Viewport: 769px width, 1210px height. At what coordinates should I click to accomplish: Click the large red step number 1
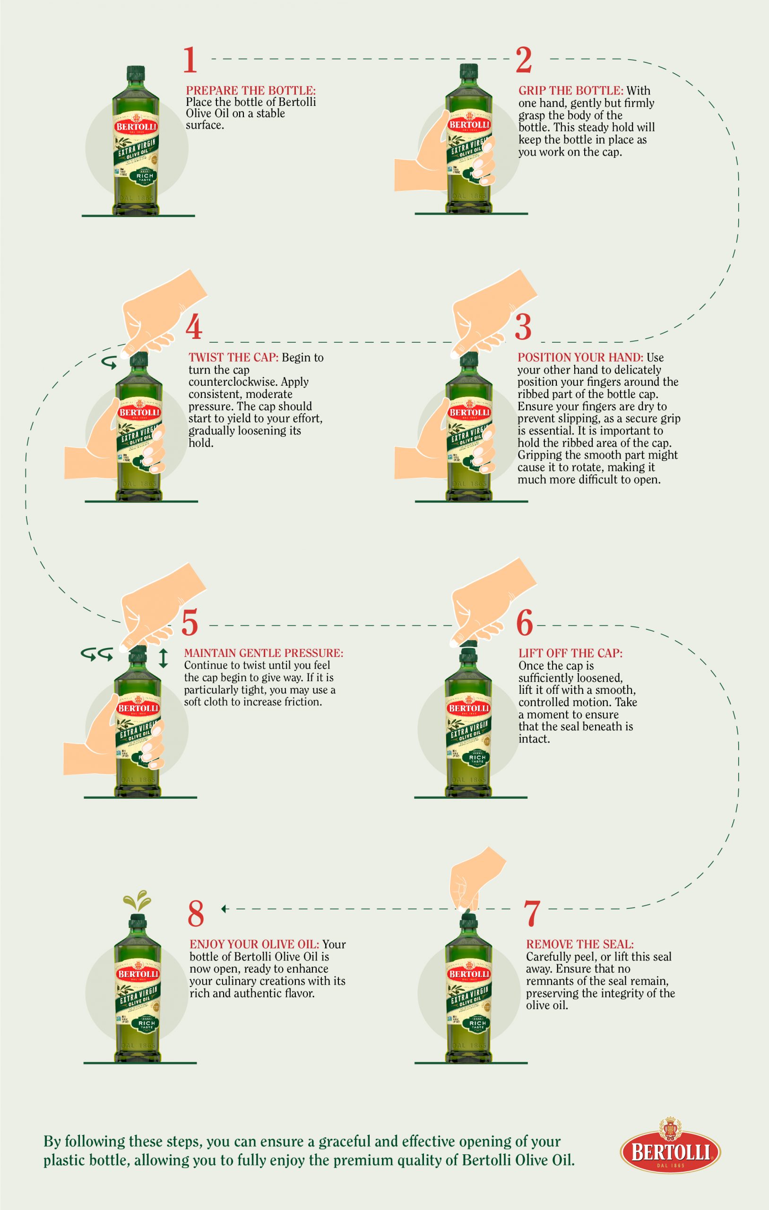click(190, 61)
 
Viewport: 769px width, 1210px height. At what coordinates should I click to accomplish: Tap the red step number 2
click(524, 61)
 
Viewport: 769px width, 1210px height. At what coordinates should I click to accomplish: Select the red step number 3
click(523, 328)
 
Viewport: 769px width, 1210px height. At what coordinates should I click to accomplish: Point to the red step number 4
click(194, 328)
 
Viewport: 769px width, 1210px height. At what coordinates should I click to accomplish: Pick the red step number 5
click(190, 623)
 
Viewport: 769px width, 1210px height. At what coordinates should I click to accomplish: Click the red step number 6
click(524, 623)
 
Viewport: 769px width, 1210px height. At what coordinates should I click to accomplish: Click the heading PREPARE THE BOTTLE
click(251, 91)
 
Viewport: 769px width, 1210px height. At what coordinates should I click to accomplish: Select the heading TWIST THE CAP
click(233, 358)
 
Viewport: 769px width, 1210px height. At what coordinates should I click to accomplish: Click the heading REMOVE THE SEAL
click(580, 945)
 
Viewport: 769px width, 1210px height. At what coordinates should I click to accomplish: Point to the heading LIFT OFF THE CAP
click(570, 653)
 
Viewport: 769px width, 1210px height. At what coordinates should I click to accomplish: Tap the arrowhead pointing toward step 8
click(224, 908)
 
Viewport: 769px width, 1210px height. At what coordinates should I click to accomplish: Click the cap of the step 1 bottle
click(137, 73)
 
